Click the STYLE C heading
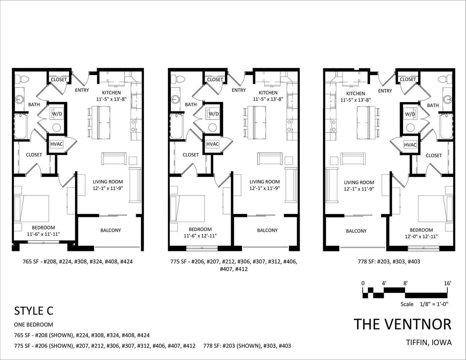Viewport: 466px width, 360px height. [34, 310]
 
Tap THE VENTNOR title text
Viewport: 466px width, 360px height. [403, 324]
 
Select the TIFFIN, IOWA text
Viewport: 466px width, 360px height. [429, 342]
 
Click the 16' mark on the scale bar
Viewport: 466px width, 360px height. [448, 283]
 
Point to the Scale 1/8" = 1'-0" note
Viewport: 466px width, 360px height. [424, 304]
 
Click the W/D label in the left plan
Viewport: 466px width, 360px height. [57, 114]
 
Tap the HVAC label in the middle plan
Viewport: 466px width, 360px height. [213, 144]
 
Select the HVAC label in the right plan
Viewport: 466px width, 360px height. [410, 145]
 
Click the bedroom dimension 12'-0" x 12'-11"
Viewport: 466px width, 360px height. [421, 236]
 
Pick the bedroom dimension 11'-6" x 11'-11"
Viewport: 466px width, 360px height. [43, 234]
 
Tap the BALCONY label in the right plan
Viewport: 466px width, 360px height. [356, 231]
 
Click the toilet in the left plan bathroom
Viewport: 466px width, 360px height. [24, 79]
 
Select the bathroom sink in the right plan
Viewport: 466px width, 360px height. [447, 99]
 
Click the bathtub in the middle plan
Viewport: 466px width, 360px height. [176, 127]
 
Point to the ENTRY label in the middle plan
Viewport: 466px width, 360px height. [238, 90]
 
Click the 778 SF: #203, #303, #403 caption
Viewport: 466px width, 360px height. [389, 261]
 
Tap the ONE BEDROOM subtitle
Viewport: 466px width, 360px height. [33, 325]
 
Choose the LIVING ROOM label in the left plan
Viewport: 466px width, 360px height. [108, 181]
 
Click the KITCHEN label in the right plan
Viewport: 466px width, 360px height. [355, 93]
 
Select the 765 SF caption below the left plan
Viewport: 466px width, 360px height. [78, 261]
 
